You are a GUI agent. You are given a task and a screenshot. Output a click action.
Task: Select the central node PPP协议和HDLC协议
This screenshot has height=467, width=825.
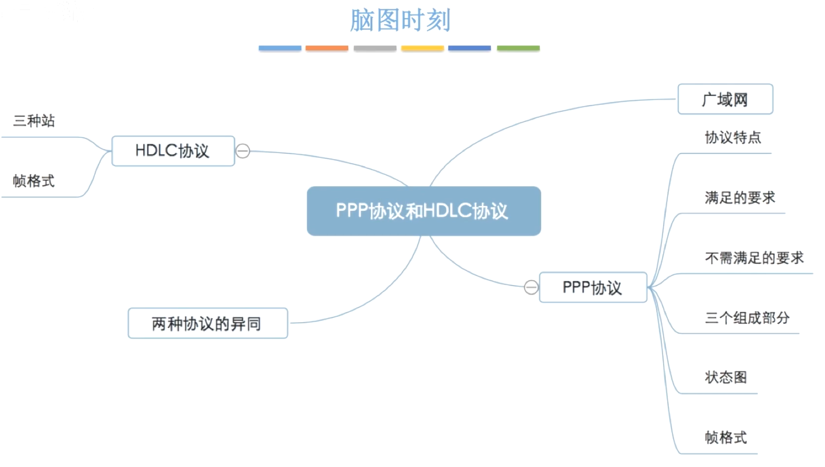point(423,211)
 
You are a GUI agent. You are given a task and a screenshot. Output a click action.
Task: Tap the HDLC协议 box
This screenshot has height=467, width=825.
point(173,151)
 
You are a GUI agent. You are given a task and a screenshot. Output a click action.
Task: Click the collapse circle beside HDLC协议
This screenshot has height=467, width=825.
point(243,151)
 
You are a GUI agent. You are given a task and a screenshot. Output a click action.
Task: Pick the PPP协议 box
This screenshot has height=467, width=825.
point(592,287)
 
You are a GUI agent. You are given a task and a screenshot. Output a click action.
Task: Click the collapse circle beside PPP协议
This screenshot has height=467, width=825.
point(531,287)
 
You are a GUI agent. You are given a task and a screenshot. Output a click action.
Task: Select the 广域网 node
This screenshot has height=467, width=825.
point(725,99)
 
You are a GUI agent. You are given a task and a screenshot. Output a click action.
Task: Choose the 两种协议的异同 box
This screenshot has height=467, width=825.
point(207,323)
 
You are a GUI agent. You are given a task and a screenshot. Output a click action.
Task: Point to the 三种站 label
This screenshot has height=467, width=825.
point(34,121)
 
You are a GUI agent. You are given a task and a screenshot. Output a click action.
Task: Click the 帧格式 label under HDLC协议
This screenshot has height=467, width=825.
point(34,181)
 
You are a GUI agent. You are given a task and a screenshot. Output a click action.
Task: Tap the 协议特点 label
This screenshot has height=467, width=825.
point(733,138)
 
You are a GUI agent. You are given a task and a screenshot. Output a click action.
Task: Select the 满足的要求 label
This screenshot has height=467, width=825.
point(740,198)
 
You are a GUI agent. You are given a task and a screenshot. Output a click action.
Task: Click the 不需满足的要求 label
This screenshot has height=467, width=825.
point(754,258)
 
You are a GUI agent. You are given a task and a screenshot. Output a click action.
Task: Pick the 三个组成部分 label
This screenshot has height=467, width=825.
point(747,318)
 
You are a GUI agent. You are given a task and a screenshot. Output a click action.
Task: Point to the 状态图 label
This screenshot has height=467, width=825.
point(726,377)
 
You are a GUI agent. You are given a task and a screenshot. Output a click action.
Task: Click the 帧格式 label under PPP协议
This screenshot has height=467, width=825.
point(726,438)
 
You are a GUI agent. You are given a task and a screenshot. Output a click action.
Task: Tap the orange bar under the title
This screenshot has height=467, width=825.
point(327,48)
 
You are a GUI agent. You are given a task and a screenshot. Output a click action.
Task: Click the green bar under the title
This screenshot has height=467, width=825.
point(518,48)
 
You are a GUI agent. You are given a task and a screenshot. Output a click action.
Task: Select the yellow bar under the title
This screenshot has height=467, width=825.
point(422,48)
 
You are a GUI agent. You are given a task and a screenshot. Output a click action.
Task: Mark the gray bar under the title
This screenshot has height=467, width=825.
point(375,48)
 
